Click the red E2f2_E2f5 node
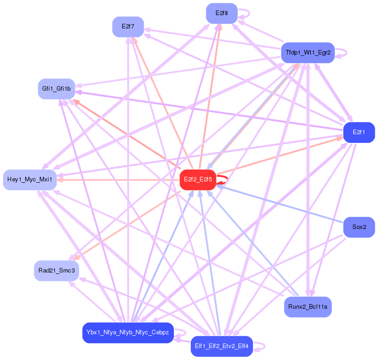[x=198, y=180]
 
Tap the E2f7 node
[x=128, y=27]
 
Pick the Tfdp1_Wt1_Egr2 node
[x=308, y=53]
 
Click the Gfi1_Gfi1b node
[x=56, y=88]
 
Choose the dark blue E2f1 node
[x=359, y=132]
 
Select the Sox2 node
[x=359, y=227]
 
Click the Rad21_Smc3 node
[x=56, y=271]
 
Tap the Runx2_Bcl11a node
[x=308, y=307]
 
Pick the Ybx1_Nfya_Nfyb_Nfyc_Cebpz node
[x=128, y=333]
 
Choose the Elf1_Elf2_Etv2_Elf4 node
[x=221, y=346]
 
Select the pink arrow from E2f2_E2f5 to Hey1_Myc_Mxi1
[x=119, y=180]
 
